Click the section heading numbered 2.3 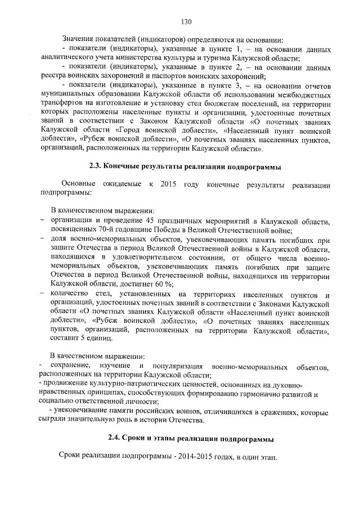[x=185, y=167]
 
